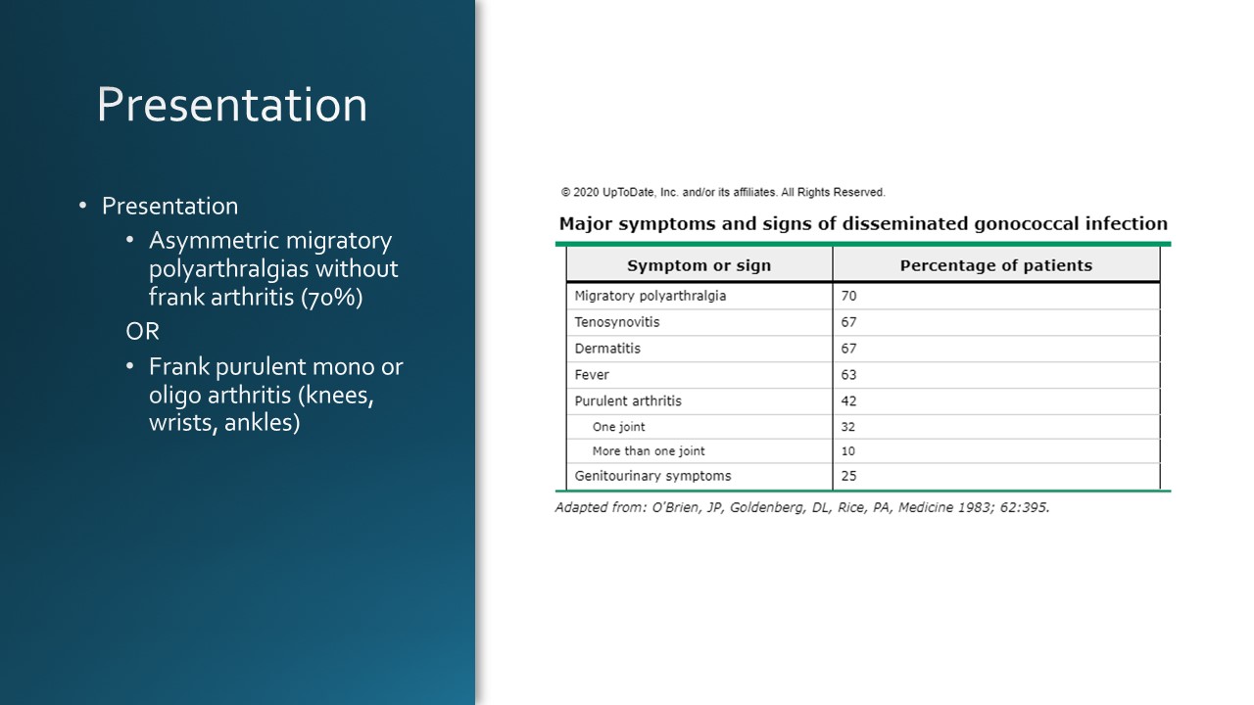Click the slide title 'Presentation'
coord(232,105)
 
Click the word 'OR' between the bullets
coord(142,332)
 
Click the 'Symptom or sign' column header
coord(699,265)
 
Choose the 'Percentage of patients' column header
coord(995,265)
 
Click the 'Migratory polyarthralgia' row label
coord(651,296)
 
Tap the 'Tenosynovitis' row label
coord(617,322)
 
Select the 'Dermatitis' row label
coord(607,349)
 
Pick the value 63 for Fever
coord(848,375)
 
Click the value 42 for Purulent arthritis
coord(848,400)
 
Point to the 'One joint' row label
coord(618,427)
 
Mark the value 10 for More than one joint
coord(847,451)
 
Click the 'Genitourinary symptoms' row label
coord(652,476)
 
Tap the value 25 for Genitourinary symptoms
coord(848,476)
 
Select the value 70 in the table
coord(848,296)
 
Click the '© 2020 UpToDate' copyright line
coord(723,193)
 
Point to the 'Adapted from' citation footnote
coord(801,507)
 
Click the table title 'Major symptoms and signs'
coord(863,223)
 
